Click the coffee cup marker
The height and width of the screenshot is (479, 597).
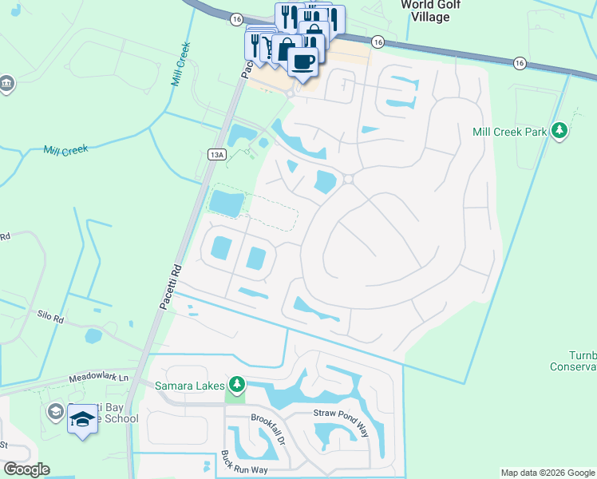302,61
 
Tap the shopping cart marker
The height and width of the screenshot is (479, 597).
268,49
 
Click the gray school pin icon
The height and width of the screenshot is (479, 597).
55,411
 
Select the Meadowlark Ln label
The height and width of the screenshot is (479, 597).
98,378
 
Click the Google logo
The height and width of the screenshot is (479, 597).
26,469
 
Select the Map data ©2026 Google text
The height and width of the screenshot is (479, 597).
548,473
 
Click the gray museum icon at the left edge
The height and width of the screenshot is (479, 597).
6,84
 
